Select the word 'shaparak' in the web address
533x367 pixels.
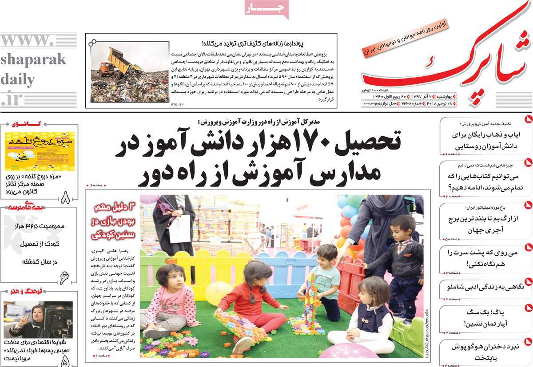coord(33,59)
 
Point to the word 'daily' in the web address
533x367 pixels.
coord(18,80)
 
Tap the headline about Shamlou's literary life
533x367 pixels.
coord(484,287)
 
